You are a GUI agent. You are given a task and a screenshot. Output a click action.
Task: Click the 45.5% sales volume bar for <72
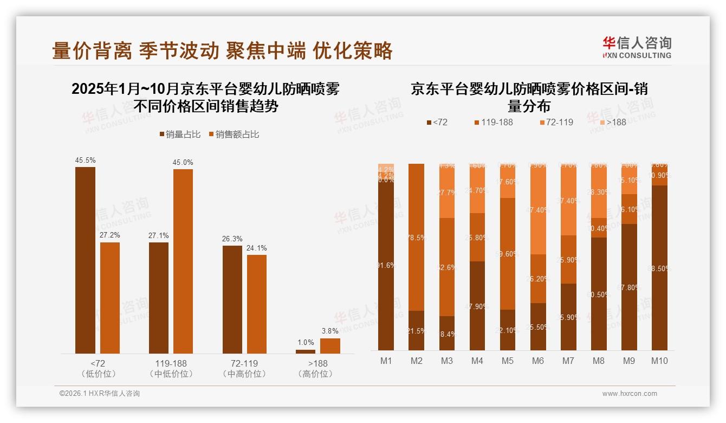click(x=85, y=260)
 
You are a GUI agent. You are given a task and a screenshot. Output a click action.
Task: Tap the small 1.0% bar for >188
click(x=306, y=351)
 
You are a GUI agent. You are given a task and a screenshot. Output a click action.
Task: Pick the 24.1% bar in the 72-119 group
click(x=257, y=304)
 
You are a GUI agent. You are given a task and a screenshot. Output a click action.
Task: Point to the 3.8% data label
click(x=330, y=331)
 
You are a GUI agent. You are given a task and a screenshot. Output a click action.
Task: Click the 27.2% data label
click(x=109, y=235)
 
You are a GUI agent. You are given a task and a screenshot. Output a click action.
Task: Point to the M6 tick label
click(x=537, y=361)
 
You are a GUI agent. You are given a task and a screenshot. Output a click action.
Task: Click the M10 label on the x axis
click(x=659, y=361)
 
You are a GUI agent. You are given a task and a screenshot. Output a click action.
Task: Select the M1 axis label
click(x=386, y=361)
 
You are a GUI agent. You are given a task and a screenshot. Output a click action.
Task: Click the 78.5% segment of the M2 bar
click(x=416, y=237)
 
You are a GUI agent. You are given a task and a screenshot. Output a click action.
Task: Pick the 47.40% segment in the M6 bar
click(x=537, y=210)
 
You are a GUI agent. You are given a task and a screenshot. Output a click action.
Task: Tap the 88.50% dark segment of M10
click(x=659, y=268)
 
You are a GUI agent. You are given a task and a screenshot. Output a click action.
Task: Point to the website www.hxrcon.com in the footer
click(x=630, y=394)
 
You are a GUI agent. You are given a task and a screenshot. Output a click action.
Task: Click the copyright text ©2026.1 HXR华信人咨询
click(x=100, y=394)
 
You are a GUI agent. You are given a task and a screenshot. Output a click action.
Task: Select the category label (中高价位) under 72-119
click(x=244, y=374)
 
